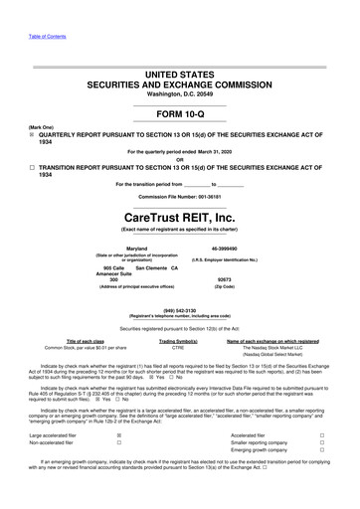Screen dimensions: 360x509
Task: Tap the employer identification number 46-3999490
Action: [232, 249]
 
